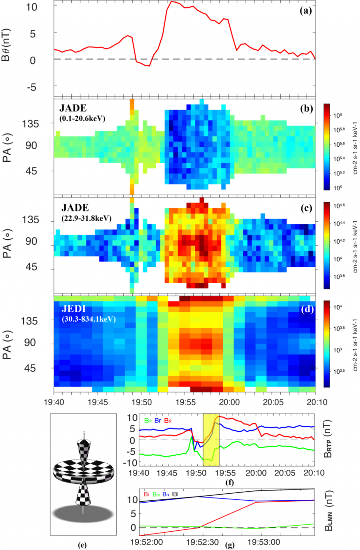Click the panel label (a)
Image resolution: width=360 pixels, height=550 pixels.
[x=306, y=9]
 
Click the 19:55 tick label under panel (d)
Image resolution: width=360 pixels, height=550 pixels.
[x=185, y=401]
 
